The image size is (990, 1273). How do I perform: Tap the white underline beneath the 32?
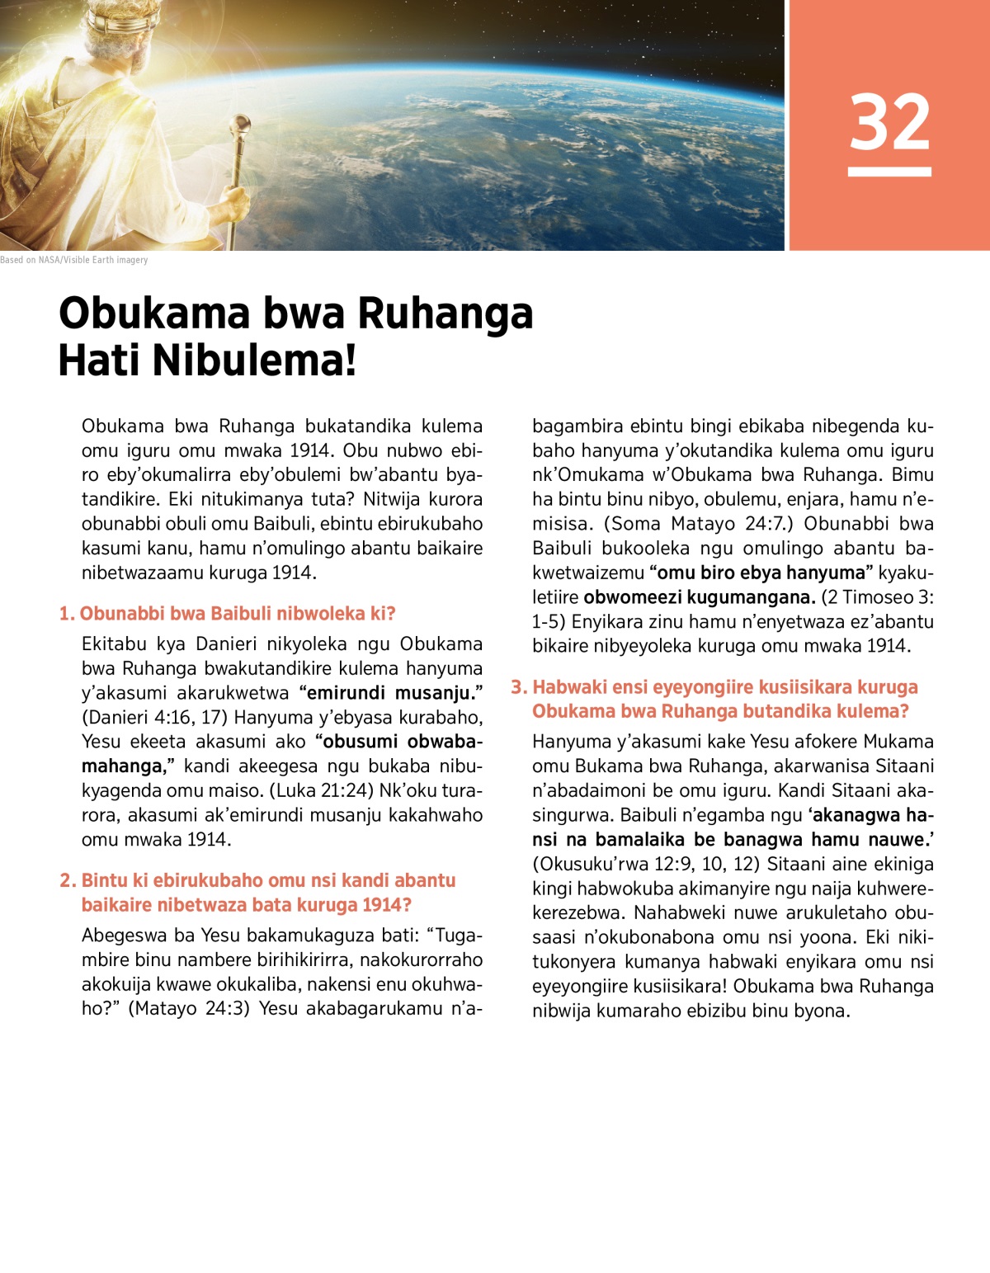[889, 172]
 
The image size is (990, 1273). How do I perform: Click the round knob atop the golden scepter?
[244, 124]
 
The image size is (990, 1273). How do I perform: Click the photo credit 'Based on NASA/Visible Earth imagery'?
[74, 260]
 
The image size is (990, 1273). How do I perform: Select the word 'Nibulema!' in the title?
[254, 361]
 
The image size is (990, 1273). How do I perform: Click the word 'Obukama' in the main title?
[154, 314]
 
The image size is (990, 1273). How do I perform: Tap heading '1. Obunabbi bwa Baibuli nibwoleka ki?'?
[228, 614]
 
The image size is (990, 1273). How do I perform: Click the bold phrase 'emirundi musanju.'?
[391, 693]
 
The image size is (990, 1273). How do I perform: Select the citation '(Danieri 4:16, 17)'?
[154, 717]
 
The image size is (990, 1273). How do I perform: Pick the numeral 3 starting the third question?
[517, 687]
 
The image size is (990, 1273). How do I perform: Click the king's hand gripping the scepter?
[235, 198]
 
